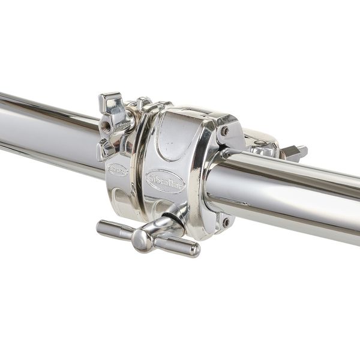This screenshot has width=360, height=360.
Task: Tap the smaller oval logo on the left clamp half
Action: tap(117, 170)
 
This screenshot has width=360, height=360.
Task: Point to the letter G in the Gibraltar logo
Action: tap(152, 179)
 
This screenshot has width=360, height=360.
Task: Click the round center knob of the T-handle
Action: tap(142, 240)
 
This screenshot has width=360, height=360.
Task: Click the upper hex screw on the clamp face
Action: tap(224, 130)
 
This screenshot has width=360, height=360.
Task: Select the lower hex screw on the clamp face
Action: tap(225, 221)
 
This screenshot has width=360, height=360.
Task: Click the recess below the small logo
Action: tap(120, 197)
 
